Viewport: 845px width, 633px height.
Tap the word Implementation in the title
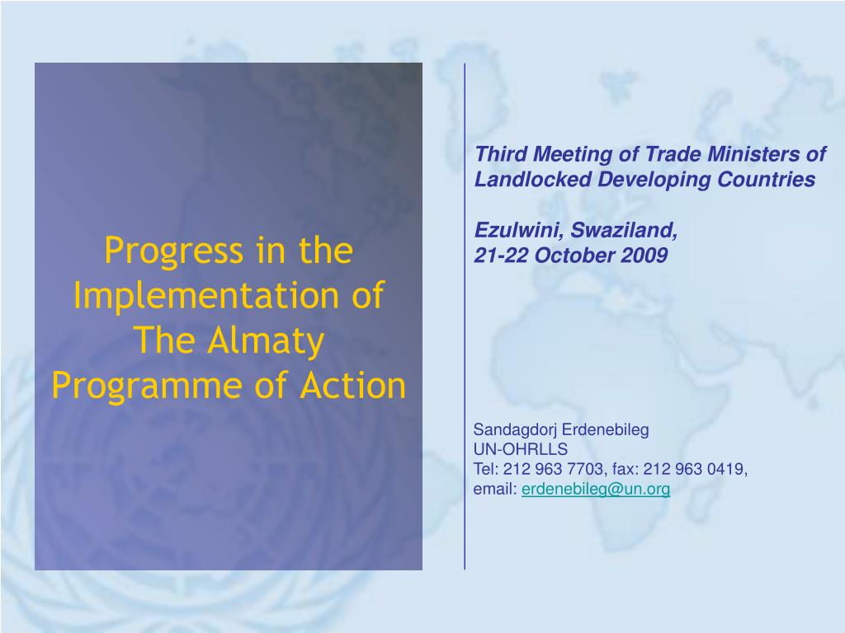(206, 296)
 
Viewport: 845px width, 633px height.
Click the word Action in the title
(352, 386)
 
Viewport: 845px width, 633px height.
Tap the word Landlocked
(532, 179)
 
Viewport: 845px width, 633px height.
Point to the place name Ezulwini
(519, 231)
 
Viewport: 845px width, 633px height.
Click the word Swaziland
(624, 231)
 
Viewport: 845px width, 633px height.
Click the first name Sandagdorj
(515, 430)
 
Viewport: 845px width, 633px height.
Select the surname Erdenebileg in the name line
(605, 430)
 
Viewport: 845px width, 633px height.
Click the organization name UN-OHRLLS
(521, 449)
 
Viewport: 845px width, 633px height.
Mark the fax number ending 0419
(695, 469)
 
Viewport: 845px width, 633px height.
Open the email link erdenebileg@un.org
(596, 489)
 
